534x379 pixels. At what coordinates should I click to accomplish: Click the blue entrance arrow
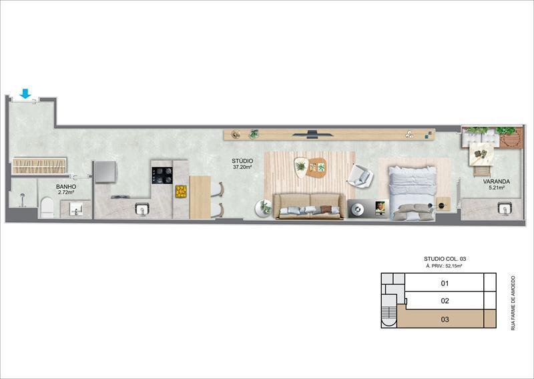pyautogui.click(x=25, y=93)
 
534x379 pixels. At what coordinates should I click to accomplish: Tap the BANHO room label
pyautogui.click(x=65, y=187)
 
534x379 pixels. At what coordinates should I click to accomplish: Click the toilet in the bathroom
pyautogui.click(x=47, y=208)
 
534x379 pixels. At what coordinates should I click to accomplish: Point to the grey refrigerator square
pyautogui.click(x=105, y=171)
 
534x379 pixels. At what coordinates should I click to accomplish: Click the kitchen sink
pyautogui.click(x=142, y=210)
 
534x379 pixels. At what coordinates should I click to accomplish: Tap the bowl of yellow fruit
pyautogui.click(x=181, y=192)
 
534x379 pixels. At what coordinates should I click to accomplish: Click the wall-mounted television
pyautogui.click(x=313, y=133)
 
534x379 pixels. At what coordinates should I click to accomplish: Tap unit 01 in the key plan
pyautogui.click(x=445, y=284)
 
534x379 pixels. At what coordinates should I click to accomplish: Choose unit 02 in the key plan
pyautogui.click(x=445, y=301)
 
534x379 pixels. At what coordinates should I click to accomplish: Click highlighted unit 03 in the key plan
pyautogui.click(x=445, y=319)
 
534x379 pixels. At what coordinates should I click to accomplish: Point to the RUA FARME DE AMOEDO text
pyautogui.click(x=513, y=302)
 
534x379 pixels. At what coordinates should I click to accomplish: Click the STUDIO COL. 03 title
pyautogui.click(x=444, y=259)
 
